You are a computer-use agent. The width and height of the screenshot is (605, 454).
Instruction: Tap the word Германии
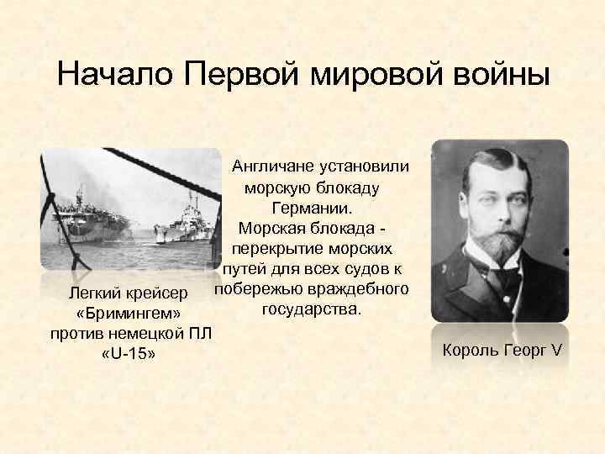(314, 207)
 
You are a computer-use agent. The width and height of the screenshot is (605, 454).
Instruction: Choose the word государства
(312, 312)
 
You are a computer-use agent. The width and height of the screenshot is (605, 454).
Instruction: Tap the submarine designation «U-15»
(127, 356)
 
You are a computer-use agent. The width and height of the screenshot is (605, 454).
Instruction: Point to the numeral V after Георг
(555, 349)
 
